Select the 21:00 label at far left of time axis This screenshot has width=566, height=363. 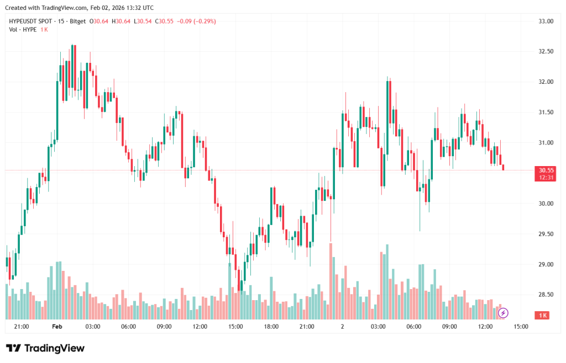[x=22, y=327]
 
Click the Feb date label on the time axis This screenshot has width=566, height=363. [x=56, y=327]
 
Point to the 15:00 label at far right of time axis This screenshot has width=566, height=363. [x=521, y=327]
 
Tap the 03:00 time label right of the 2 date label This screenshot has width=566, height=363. [x=378, y=327]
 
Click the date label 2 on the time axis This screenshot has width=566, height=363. [x=342, y=327]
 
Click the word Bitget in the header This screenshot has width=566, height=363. [x=79, y=22]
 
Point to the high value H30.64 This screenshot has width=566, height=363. [x=121, y=22]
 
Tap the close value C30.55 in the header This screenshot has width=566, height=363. [x=164, y=22]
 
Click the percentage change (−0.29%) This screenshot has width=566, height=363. [x=204, y=22]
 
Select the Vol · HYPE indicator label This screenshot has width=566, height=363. [x=23, y=29]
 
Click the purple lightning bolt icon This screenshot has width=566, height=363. [x=503, y=313]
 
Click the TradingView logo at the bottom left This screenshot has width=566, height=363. [x=46, y=348]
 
